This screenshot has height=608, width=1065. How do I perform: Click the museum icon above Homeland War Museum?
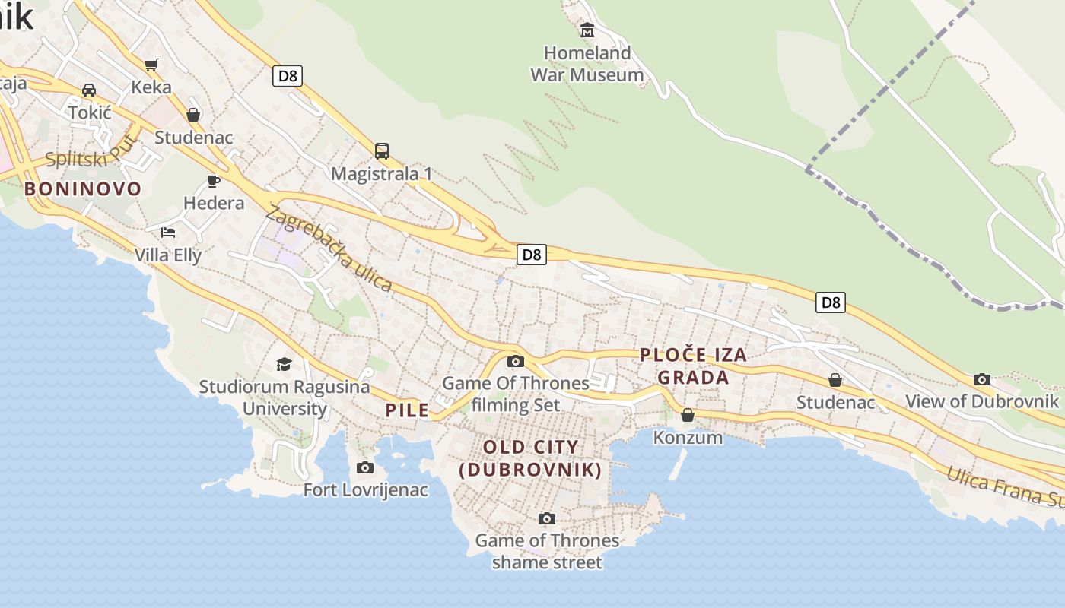587,30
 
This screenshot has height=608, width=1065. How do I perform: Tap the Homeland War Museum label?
587,64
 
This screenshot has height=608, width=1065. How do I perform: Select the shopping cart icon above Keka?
151,65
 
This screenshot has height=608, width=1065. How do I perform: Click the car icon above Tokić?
89,90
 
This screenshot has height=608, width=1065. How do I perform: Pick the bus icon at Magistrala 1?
382,150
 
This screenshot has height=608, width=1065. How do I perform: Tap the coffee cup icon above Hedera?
214,181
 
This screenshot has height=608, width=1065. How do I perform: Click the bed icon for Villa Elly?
168,232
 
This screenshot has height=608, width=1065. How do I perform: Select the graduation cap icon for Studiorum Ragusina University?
284,364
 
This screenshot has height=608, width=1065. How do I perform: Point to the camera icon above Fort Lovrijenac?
365,467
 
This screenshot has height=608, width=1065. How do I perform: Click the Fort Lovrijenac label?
366,490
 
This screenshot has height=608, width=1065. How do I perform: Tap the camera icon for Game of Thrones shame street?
546,519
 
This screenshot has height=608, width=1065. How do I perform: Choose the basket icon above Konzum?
688,415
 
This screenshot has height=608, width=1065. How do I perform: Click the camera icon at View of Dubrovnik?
982,379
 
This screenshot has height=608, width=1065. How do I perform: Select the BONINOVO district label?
83,188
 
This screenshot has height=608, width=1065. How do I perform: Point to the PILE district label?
408,410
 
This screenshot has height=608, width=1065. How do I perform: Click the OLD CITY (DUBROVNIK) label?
531,458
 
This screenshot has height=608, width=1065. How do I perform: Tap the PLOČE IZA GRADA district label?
693,366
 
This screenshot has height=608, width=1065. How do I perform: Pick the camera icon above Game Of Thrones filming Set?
516,361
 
